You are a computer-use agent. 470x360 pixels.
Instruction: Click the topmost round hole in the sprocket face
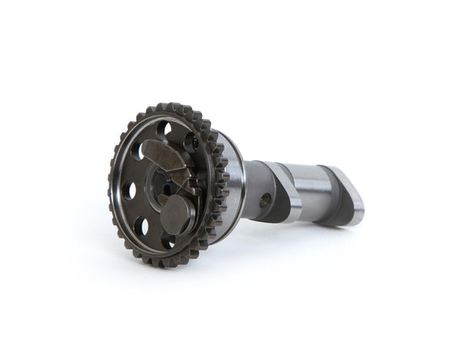pyautogui.click(x=164, y=127)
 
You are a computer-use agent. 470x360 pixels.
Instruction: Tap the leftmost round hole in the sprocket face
pyautogui.click(x=129, y=191)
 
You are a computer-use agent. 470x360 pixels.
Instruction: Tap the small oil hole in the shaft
pyautogui.click(x=264, y=197)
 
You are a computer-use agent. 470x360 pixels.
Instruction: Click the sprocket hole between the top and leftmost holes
pyautogui.click(x=139, y=150)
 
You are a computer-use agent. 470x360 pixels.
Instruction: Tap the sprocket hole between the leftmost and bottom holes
pyautogui.click(x=141, y=225)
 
